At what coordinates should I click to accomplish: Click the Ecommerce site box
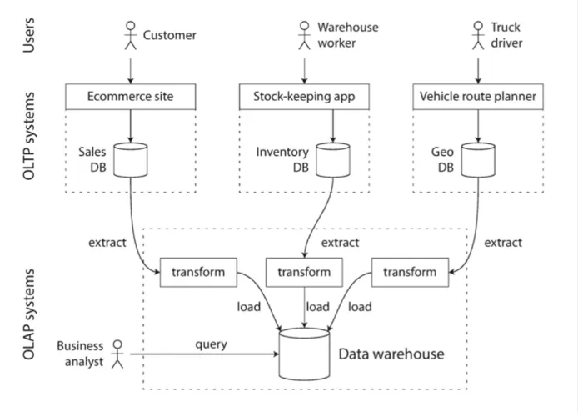pyautogui.click(x=131, y=97)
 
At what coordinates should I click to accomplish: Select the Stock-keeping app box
pyautogui.click(x=304, y=97)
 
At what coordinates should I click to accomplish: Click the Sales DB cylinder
pyautogui.click(x=131, y=159)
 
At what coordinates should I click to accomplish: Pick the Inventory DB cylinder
pyautogui.click(x=332, y=159)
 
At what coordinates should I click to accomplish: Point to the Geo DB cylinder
pyautogui.click(x=476, y=159)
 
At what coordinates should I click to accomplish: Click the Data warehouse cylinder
pyautogui.click(x=304, y=353)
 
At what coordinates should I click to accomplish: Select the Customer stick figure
pyautogui.click(x=130, y=35)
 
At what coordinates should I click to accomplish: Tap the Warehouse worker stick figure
pyautogui.click(x=304, y=35)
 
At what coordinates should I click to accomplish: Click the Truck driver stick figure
pyautogui.click(x=477, y=35)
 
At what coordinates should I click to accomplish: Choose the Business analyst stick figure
pyautogui.click(x=117, y=353)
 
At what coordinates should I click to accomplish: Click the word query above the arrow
pyautogui.click(x=211, y=343)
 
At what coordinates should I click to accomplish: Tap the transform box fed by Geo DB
pyautogui.click(x=409, y=272)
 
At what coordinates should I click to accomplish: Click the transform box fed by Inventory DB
pyautogui.click(x=304, y=272)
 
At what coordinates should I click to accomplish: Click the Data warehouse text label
pyautogui.click(x=391, y=354)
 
